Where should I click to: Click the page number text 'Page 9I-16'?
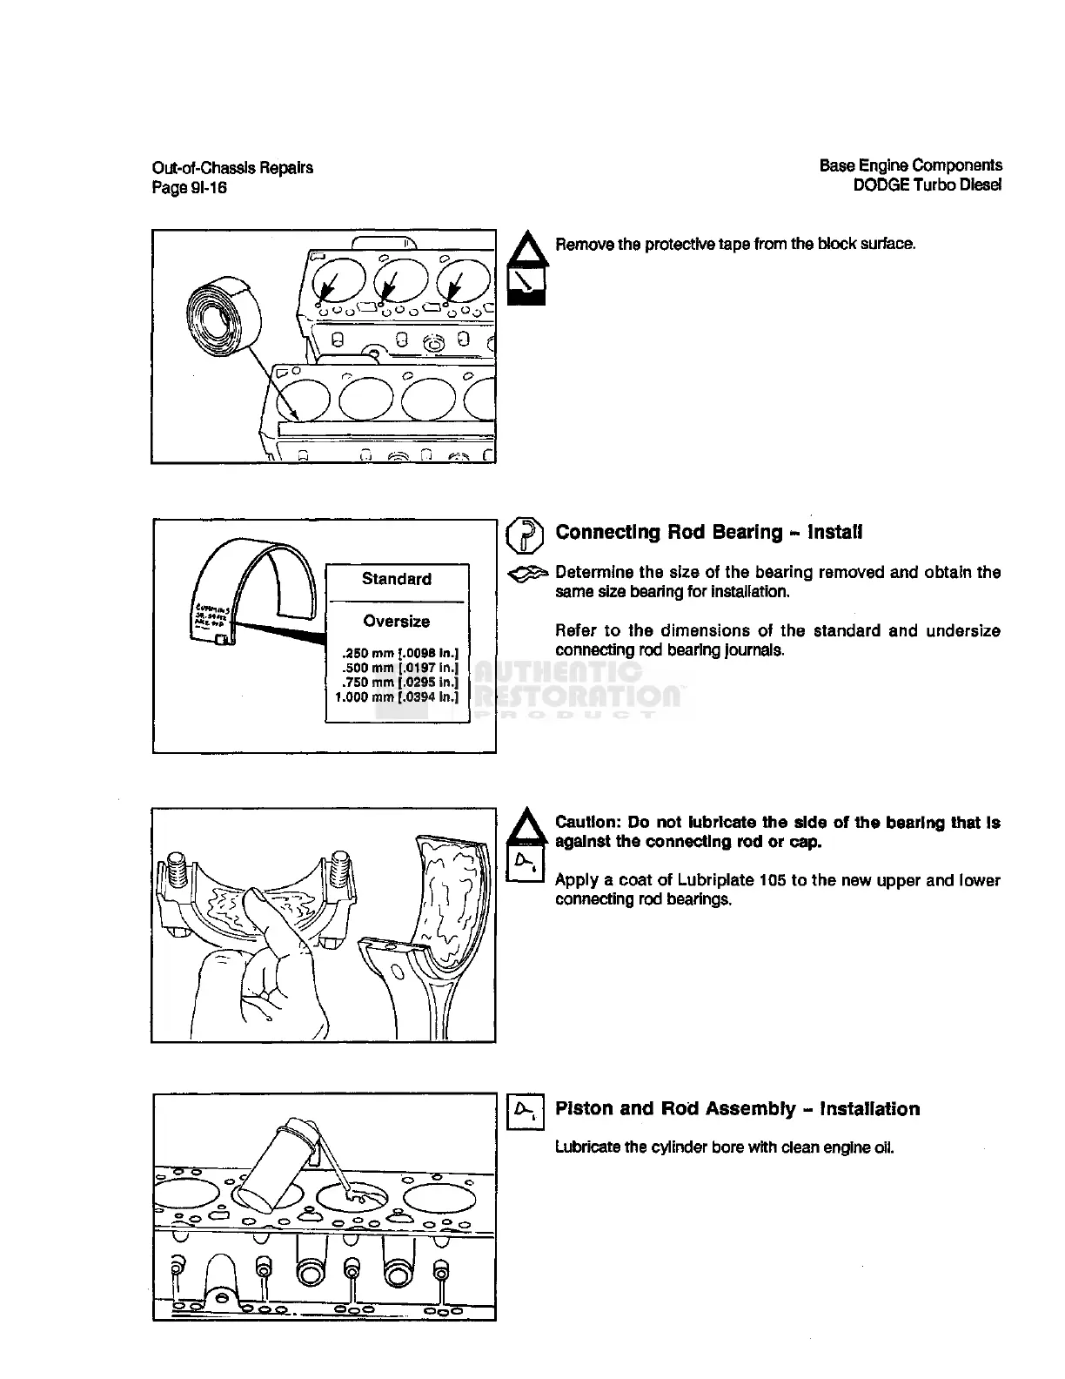pos(190,187)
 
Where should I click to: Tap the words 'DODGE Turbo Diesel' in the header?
pos(927,185)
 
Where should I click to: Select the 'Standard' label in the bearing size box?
pos(397,579)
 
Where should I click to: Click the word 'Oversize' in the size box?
pos(397,622)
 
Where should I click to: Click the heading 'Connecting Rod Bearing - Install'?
pos(709,532)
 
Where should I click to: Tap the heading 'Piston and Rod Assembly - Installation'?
pos(737,1109)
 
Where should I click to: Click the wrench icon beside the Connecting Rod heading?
pos(525,535)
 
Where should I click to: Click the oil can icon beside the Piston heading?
pos(525,1111)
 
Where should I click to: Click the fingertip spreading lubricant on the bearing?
pos(258,905)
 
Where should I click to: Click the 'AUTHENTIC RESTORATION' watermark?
pos(574,684)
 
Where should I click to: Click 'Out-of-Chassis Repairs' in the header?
pos(232,168)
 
